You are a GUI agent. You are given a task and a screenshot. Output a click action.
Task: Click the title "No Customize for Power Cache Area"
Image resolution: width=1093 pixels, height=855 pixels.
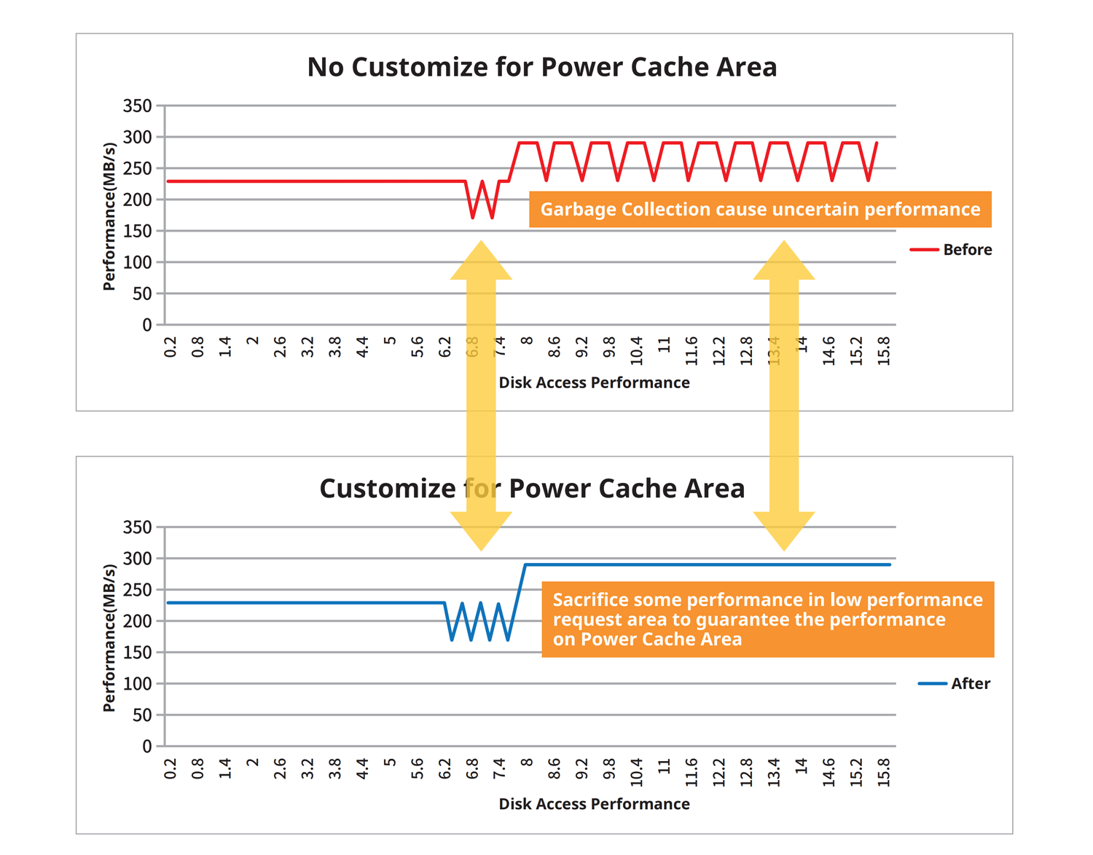click(541, 67)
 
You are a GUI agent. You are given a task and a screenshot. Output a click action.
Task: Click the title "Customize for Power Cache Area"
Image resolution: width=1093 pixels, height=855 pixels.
click(532, 488)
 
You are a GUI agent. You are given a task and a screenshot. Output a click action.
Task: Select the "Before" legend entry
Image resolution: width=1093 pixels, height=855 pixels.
click(951, 250)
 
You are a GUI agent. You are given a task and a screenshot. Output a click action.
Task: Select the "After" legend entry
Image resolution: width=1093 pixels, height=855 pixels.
click(955, 683)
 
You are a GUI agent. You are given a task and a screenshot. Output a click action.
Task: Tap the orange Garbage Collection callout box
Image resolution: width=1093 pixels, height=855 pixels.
click(759, 209)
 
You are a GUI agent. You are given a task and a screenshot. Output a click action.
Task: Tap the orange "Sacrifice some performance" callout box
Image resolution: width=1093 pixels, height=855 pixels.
click(767, 619)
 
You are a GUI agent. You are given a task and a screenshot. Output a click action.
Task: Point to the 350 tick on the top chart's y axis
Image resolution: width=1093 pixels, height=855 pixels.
click(138, 106)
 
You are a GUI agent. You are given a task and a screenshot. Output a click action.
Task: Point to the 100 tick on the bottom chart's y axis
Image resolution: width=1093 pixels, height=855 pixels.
click(138, 684)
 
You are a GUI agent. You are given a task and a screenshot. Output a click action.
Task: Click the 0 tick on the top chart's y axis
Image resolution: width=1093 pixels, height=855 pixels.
click(147, 325)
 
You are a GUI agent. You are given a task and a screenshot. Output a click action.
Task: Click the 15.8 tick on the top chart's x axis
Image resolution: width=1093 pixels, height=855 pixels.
click(884, 350)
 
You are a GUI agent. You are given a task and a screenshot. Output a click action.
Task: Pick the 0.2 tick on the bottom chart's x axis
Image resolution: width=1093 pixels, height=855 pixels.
click(171, 769)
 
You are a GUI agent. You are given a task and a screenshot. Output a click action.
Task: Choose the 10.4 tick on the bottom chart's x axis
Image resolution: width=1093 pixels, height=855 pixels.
click(637, 772)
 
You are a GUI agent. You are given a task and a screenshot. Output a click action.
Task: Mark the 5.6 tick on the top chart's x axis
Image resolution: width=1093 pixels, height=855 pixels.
click(418, 347)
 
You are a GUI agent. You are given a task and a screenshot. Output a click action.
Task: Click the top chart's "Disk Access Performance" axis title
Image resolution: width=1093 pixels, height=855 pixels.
click(594, 383)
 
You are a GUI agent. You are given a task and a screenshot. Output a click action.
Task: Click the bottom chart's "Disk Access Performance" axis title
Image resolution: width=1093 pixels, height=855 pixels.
click(594, 804)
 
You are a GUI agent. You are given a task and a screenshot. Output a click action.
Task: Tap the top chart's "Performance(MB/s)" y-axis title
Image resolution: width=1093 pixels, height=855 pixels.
click(109, 216)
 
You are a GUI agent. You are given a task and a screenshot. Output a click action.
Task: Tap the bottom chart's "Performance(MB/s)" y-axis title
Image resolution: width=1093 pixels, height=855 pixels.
click(109, 637)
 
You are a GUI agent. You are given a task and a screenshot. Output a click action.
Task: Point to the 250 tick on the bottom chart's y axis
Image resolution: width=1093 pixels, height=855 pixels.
click(138, 590)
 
